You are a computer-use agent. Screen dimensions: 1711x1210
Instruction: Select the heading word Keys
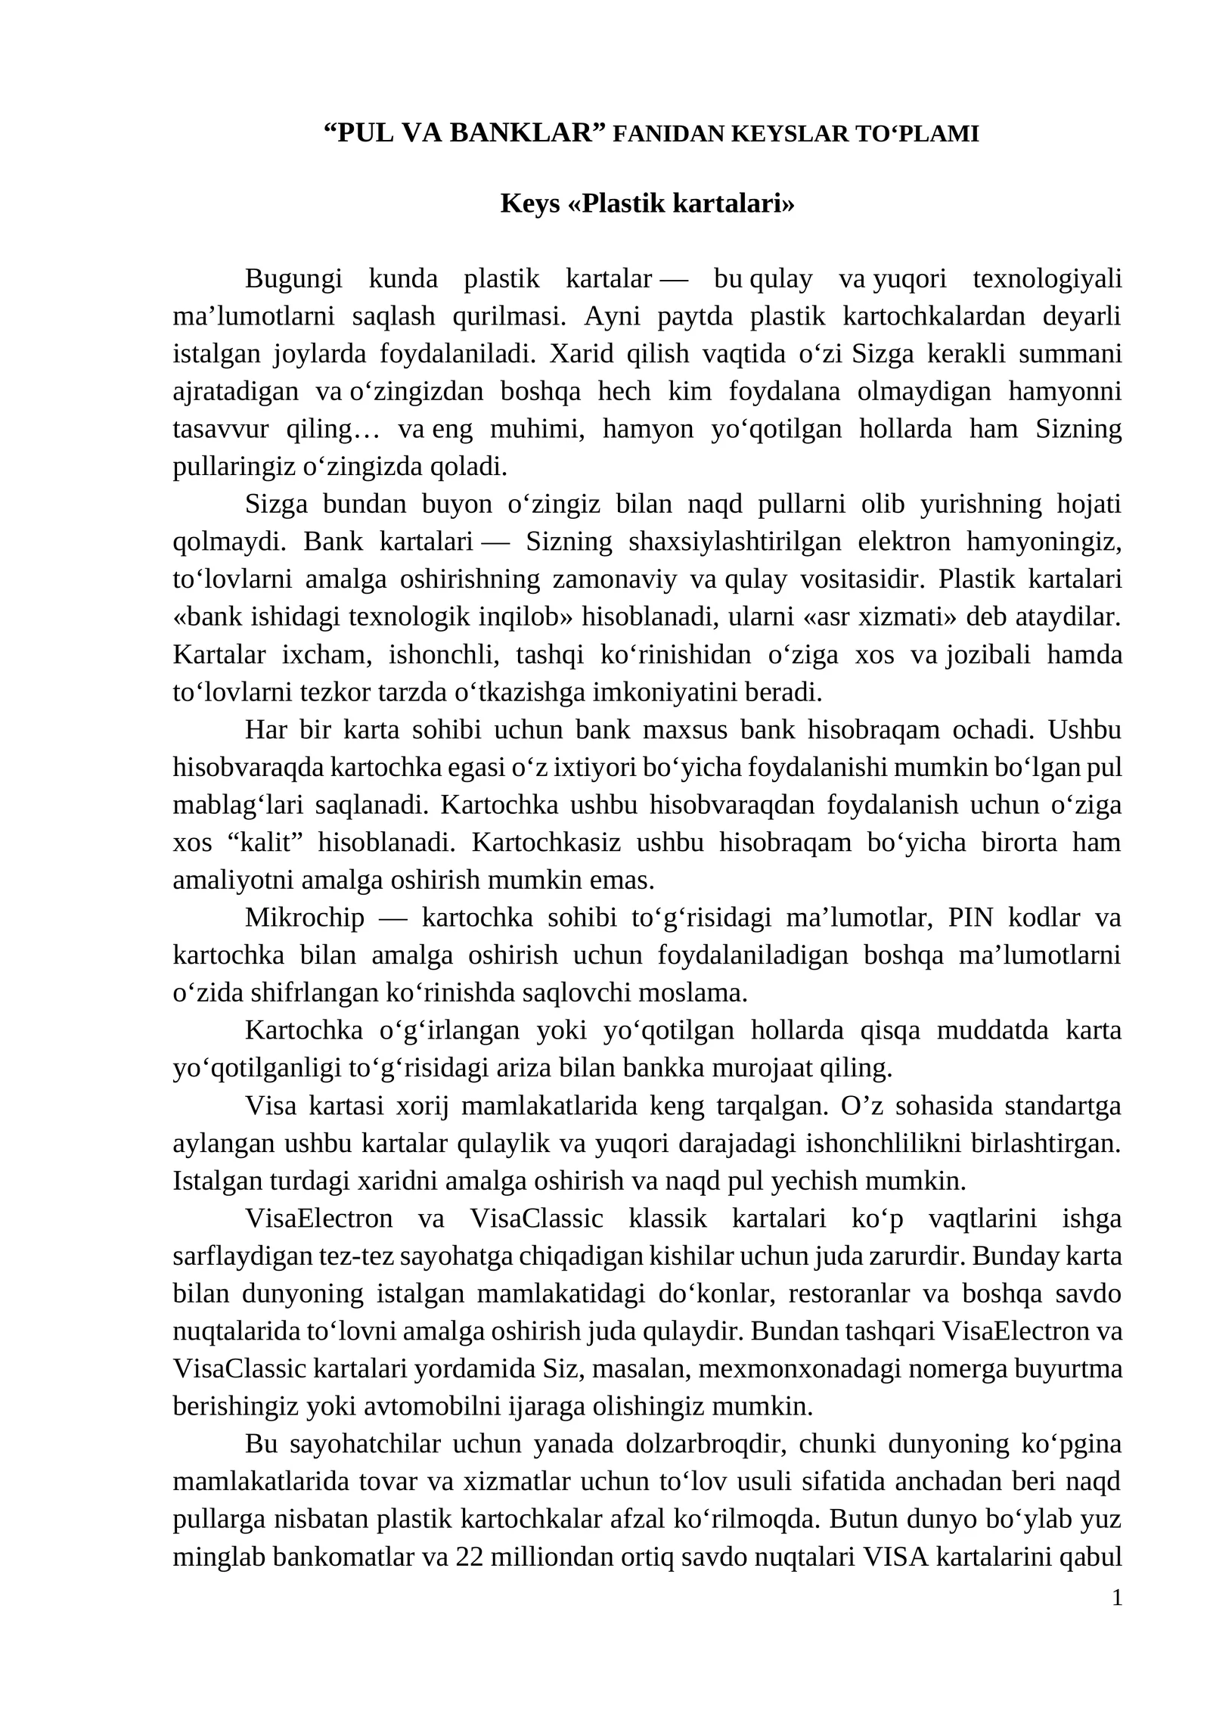(x=529, y=203)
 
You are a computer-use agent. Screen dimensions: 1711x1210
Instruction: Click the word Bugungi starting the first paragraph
(x=293, y=279)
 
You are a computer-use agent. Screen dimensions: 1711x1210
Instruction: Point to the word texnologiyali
(x=1047, y=279)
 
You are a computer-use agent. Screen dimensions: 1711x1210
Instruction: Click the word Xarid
(x=580, y=354)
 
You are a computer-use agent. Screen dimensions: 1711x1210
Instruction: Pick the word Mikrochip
(x=304, y=917)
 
